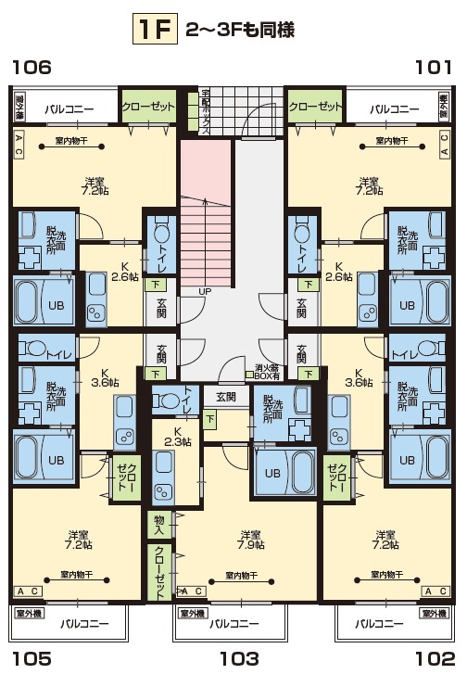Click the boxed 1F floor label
(154, 31)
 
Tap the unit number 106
(31, 67)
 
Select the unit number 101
(434, 67)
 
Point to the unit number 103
(238, 659)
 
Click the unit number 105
(31, 659)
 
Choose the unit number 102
(435, 659)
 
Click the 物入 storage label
(159, 525)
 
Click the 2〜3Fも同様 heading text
(240, 31)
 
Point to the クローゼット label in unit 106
(148, 107)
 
